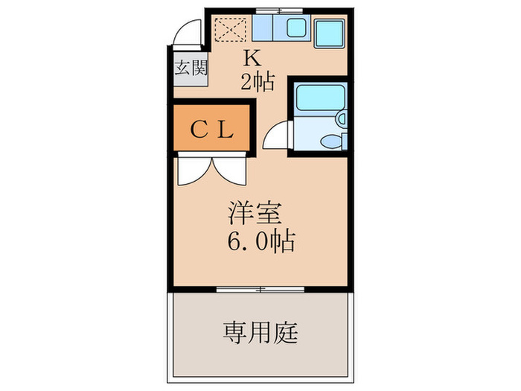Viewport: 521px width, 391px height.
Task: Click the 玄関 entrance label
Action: coord(191,69)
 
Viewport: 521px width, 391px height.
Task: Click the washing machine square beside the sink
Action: coord(330,31)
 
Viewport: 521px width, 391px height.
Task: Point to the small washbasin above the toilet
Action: coord(341,118)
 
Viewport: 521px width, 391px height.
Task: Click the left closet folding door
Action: coord(194,169)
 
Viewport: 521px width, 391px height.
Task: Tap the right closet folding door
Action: coord(230,169)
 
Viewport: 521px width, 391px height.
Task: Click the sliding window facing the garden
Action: coord(261,287)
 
